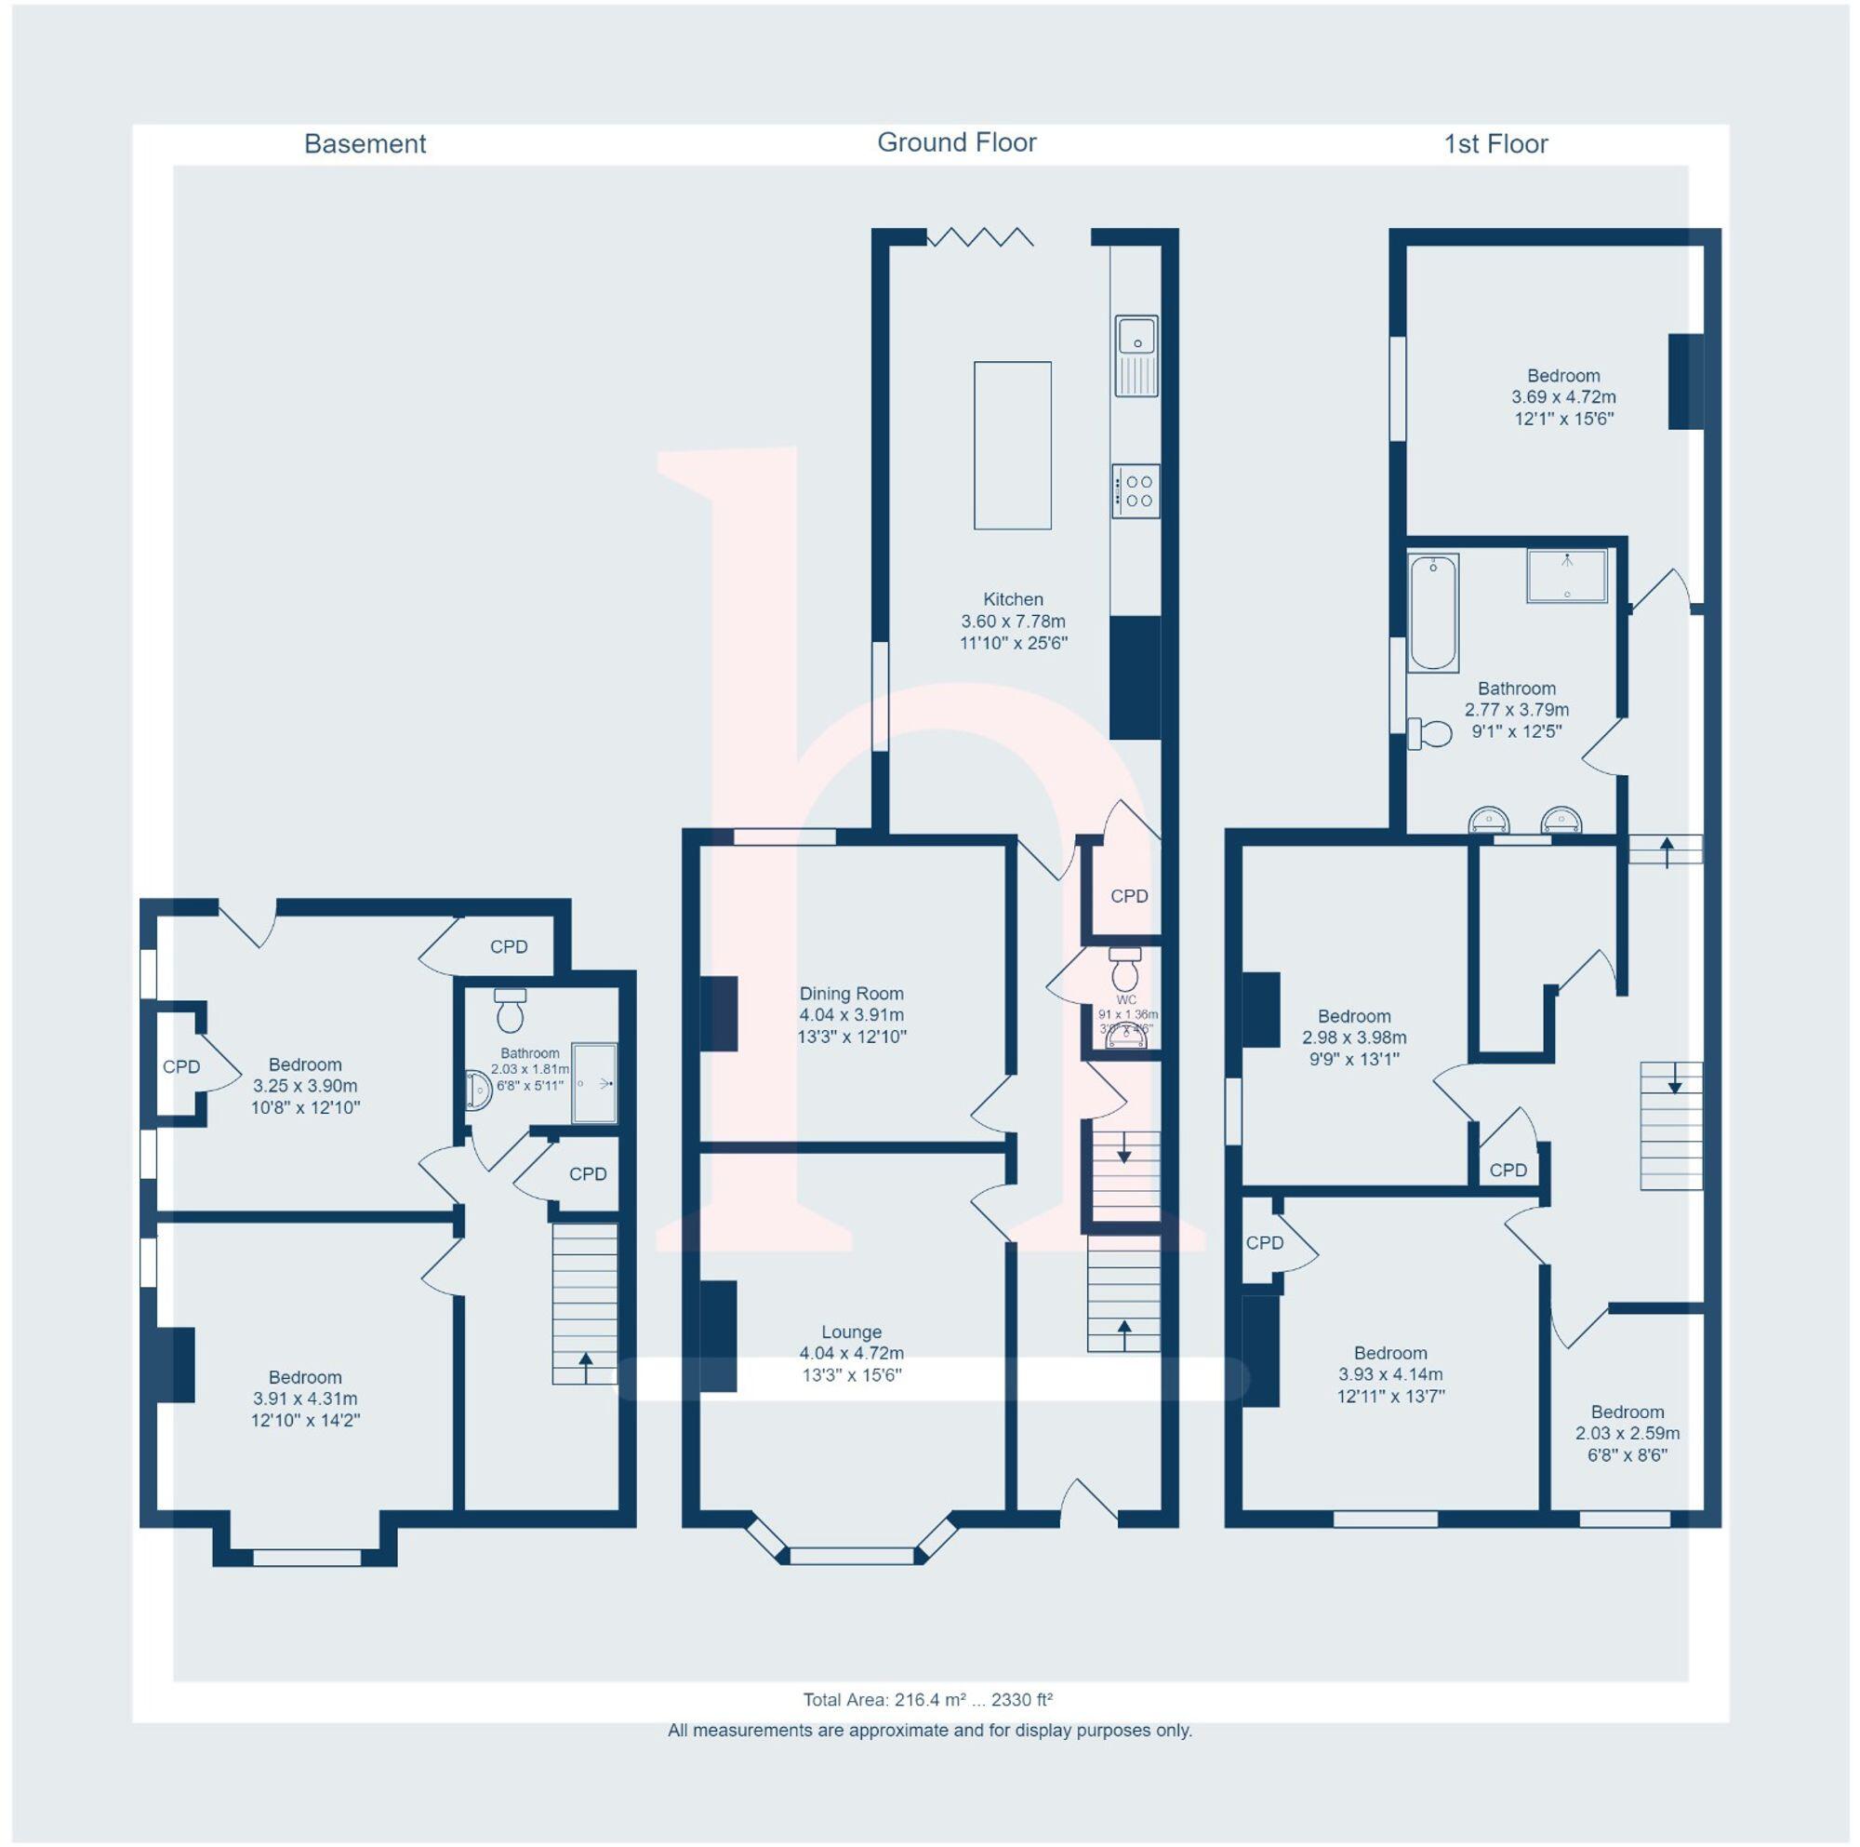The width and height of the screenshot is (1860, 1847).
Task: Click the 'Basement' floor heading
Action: pos(365,144)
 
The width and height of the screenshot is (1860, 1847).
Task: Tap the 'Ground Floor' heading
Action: pos(956,143)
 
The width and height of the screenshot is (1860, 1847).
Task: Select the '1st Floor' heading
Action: pos(1495,144)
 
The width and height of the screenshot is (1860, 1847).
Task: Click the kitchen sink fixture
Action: pos(1136,355)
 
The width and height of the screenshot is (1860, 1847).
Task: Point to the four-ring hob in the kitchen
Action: pos(1136,491)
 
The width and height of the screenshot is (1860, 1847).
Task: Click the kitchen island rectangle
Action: pos(1012,445)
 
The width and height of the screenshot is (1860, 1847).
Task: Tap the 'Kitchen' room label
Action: pos(1013,599)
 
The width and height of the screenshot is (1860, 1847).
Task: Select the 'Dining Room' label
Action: pos(851,993)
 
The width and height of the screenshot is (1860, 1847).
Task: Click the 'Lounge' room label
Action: pos(851,1332)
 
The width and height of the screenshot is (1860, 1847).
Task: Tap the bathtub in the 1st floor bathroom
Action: pos(1432,612)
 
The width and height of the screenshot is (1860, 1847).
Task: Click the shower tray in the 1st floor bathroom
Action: pos(1566,576)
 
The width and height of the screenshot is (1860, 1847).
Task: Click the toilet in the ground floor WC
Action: pos(1124,969)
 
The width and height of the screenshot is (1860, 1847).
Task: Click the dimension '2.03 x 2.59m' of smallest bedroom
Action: pos(1627,1433)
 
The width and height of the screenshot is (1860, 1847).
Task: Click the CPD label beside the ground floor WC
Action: pos(1129,897)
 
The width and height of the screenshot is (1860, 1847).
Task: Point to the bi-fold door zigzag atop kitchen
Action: pos(980,237)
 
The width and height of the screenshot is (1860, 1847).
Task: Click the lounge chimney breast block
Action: pos(717,1335)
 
